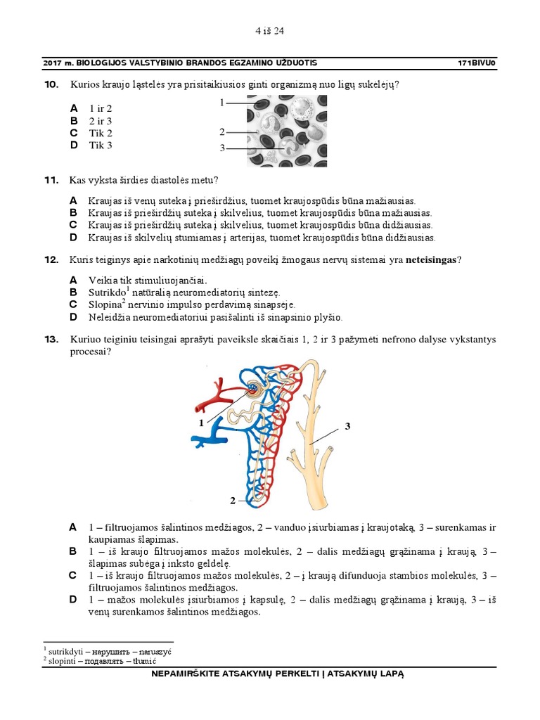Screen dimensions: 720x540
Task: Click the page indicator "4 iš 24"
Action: point(269,31)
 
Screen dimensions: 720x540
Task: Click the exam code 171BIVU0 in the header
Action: point(477,63)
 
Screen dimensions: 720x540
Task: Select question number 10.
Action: point(51,85)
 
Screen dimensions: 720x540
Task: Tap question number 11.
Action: point(51,181)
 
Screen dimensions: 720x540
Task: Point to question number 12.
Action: point(51,260)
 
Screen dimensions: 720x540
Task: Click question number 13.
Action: point(51,340)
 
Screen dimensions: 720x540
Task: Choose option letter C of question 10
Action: point(73,133)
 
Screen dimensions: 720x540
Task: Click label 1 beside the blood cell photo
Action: point(221,103)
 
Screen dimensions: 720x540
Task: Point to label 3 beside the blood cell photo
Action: point(221,148)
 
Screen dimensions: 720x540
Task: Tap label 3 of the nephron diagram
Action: point(347,427)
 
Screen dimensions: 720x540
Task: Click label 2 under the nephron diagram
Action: point(232,501)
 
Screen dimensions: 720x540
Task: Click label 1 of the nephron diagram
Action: point(201,423)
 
